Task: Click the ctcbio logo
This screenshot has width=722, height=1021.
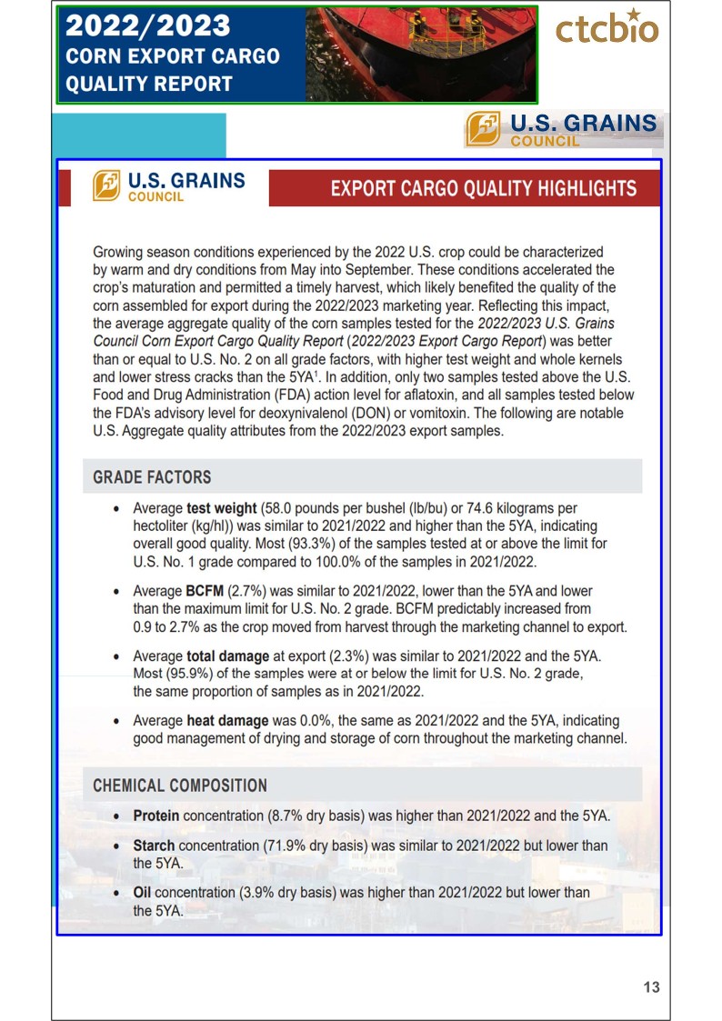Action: (x=607, y=28)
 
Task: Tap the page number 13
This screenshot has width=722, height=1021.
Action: (x=651, y=987)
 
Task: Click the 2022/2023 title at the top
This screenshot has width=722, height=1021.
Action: (x=147, y=25)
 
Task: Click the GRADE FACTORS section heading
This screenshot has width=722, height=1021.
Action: (x=152, y=477)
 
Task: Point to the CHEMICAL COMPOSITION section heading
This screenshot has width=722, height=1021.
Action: (x=180, y=786)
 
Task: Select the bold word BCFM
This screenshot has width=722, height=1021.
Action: (x=206, y=591)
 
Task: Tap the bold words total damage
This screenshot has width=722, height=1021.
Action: (x=228, y=656)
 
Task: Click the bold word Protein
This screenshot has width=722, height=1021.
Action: (x=156, y=816)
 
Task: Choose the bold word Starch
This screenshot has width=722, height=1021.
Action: (x=154, y=846)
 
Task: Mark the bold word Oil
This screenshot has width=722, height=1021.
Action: (x=144, y=893)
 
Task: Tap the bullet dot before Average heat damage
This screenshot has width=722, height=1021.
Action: (x=115, y=722)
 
